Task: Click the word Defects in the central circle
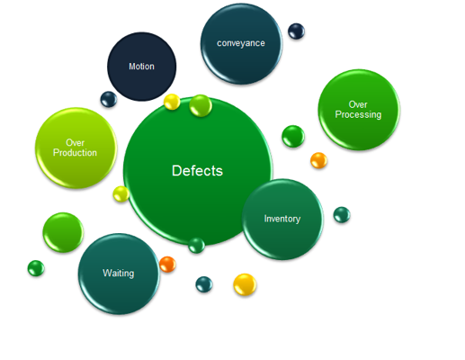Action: tap(197, 171)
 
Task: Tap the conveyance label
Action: tap(241, 43)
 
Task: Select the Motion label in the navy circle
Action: tap(141, 67)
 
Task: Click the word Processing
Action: tap(358, 114)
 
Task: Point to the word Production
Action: tap(75, 152)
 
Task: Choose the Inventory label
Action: tap(282, 219)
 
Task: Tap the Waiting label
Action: tap(119, 274)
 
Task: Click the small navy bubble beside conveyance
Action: tap(296, 31)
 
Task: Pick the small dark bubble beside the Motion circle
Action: tap(109, 99)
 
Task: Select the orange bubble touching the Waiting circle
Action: tap(167, 265)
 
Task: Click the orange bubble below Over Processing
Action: tap(318, 160)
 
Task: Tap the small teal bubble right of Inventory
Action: tap(342, 215)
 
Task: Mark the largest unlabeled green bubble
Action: tap(63, 232)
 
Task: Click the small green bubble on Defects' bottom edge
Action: tap(197, 246)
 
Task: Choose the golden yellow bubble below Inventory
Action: tap(245, 284)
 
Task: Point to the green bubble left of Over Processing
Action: tap(293, 136)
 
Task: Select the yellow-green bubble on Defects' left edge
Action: tap(121, 194)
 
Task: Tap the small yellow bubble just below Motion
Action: tap(172, 102)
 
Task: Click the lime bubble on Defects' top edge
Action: tap(201, 105)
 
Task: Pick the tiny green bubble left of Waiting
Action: tap(36, 268)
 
